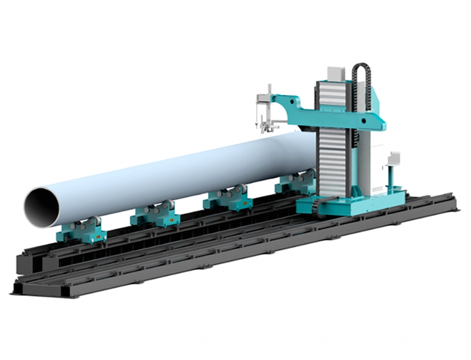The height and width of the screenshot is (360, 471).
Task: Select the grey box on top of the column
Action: click(x=336, y=73)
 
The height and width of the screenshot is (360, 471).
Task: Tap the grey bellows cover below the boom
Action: click(x=333, y=161)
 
